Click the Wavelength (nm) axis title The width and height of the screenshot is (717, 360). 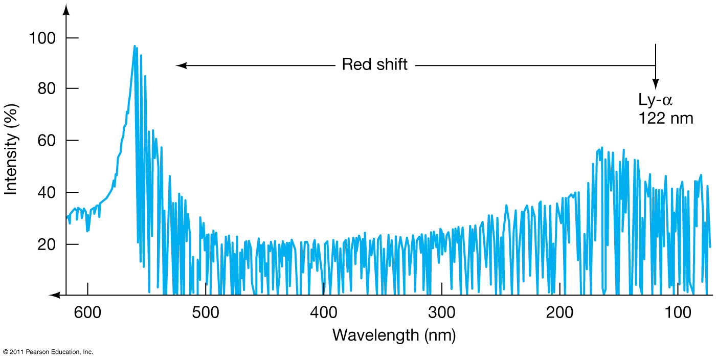tap(394, 335)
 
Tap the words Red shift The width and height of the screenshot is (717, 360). tap(374, 65)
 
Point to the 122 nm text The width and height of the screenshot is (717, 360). tap(665, 119)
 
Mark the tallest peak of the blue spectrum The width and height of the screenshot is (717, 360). tap(135, 47)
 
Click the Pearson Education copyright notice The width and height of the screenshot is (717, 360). tap(48, 352)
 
